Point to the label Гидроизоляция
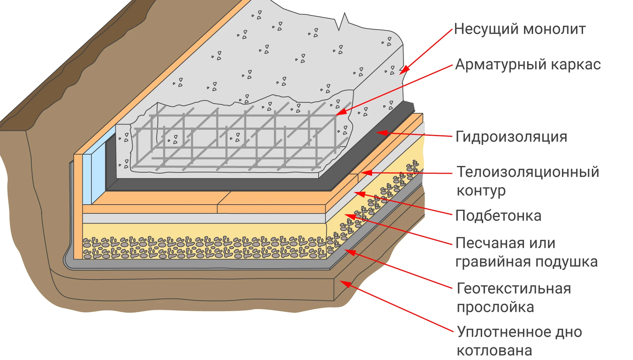[x=511, y=137]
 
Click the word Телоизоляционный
[x=528, y=172]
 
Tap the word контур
[x=481, y=191]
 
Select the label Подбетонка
[x=498, y=216]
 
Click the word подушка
[x=567, y=262]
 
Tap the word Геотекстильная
[x=514, y=289]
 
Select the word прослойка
[x=495, y=308]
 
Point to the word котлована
[x=494, y=351]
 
